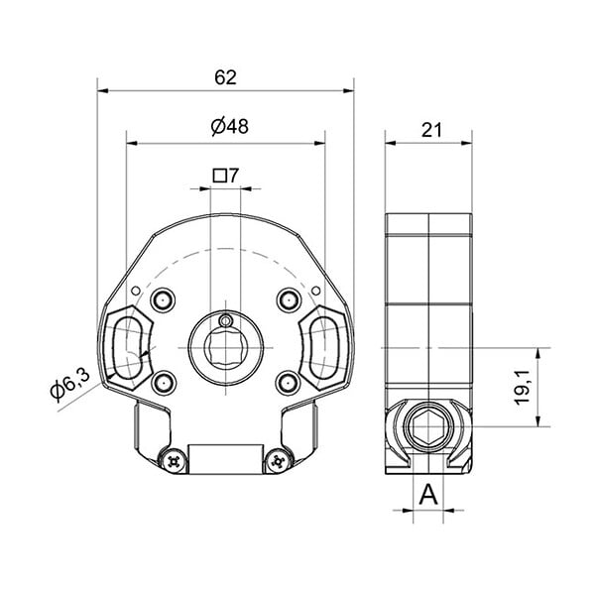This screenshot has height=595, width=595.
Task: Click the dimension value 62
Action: coord(225,77)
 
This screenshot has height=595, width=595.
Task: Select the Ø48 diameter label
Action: coord(230,127)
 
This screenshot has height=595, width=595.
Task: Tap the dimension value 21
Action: coord(431,131)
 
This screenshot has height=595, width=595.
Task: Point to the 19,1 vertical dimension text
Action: coord(523,388)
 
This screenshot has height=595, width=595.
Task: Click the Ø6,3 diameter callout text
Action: coord(70,385)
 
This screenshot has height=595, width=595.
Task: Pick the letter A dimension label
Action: coord(428,495)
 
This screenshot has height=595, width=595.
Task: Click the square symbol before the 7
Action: coord(219,176)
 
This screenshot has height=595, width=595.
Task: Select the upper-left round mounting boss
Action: coord(164,300)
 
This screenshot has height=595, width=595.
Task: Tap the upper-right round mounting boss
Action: coord(289,300)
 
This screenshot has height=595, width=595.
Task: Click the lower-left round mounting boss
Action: coord(164,383)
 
